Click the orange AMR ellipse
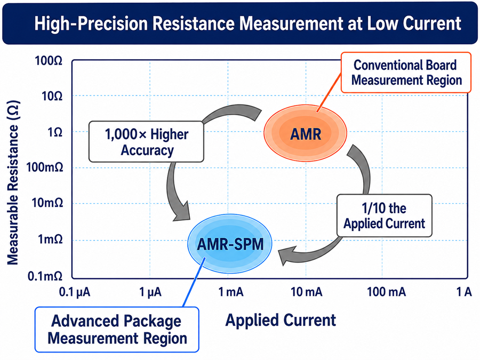pos(305,133)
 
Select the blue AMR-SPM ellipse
pos(229,243)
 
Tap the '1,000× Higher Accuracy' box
pos(146,141)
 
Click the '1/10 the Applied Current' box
pos(385,215)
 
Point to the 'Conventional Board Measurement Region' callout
pos(406,73)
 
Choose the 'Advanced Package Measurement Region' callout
pos(117,330)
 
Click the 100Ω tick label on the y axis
pos(49,61)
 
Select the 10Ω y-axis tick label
pos(52,97)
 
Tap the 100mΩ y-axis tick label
pos(45,167)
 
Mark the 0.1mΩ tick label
pos(45,276)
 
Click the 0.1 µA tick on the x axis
pos(75,292)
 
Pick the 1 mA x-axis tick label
pos(231,292)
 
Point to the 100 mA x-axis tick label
pos(386,292)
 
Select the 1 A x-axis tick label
pos(464,292)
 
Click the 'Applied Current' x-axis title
pos(281,320)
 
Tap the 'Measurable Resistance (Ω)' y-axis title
pos(13,183)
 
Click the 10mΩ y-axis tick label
pos(47,203)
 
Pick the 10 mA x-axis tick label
pos(307,292)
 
